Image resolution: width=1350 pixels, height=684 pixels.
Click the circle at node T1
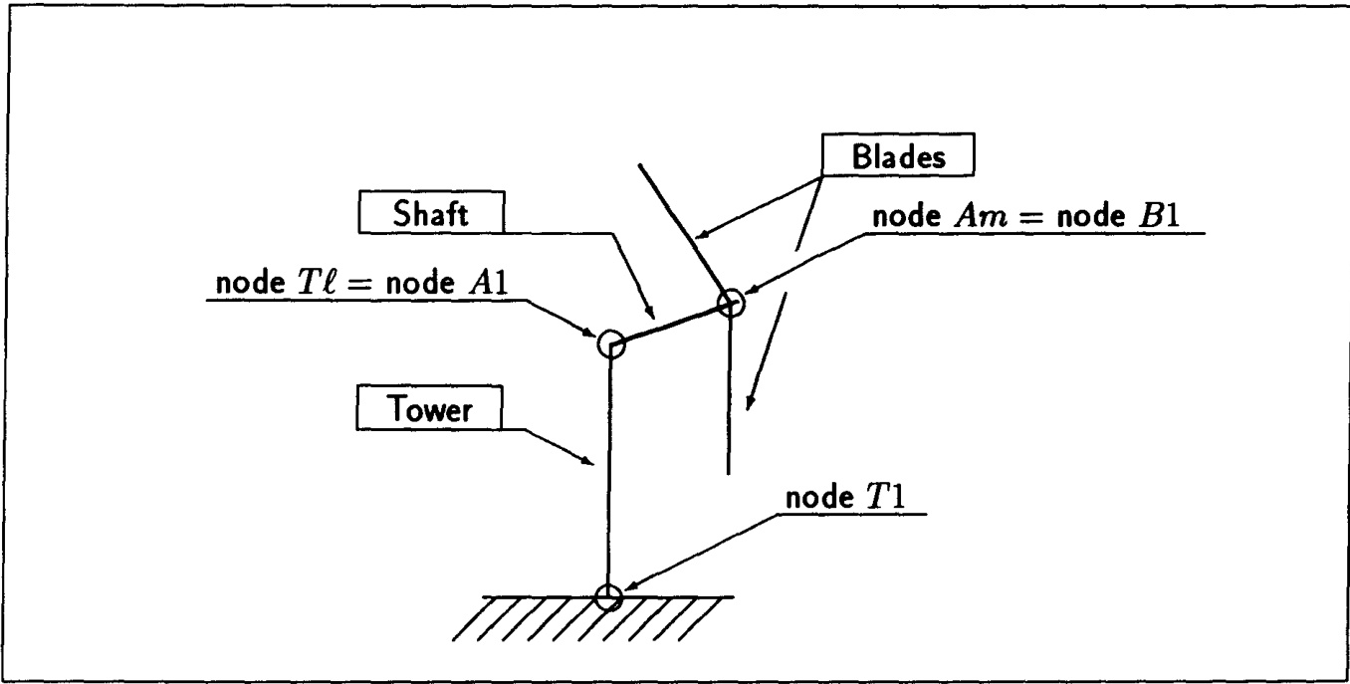tap(608, 596)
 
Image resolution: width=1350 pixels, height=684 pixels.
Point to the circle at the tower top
tap(610, 344)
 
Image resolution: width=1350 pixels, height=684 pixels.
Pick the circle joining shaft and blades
tap(731, 303)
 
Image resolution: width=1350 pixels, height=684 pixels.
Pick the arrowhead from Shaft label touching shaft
tap(651, 313)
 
